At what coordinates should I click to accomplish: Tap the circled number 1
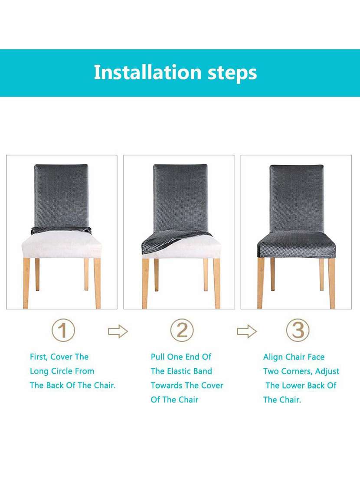tap(63, 331)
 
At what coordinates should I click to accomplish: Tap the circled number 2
tap(181, 331)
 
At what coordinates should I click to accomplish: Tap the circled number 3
tap(298, 331)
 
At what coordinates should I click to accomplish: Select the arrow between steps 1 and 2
tap(118, 332)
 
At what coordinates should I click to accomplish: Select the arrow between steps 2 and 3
tap(246, 332)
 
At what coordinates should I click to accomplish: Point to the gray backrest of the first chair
tap(61, 195)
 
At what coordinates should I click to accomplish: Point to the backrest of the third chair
tap(297, 197)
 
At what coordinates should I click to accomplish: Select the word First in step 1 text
tap(38, 357)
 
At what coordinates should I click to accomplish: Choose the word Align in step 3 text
tap(272, 357)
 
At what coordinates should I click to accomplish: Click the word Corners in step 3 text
tap(296, 371)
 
